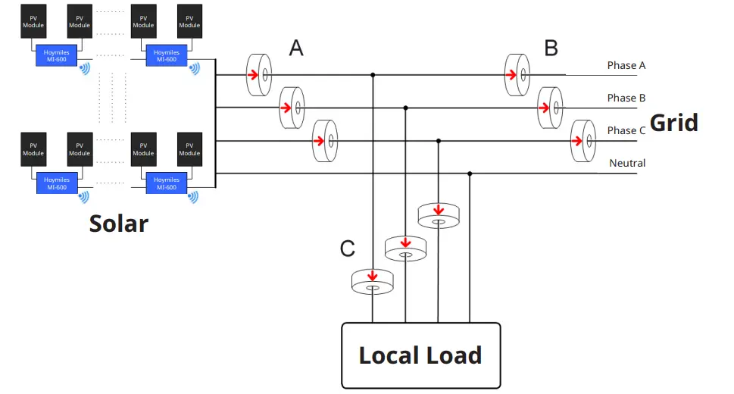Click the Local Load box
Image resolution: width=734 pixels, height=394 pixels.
click(420, 355)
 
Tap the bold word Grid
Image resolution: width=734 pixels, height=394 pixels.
click(674, 122)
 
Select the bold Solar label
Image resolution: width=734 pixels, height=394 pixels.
click(119, 224)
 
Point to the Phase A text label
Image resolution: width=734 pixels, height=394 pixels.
click(626, 65)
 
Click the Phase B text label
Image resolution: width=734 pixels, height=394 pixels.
click(626, 98)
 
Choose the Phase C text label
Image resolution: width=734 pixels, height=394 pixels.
click(626, 130)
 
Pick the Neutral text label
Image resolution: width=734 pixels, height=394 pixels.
click(627, 163)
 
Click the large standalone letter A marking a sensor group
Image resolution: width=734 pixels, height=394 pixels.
click(296, 48)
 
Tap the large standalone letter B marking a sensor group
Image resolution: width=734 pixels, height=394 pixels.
click(551, 48)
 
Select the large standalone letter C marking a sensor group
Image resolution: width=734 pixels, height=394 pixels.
click(348, 248)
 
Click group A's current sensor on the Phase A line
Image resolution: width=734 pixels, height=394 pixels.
click(259, 75)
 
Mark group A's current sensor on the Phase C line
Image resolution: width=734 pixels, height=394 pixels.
click(324, 140)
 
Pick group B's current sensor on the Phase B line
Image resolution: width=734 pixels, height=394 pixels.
click(550, 108)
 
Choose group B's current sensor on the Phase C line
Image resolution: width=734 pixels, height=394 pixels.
click(583, 140)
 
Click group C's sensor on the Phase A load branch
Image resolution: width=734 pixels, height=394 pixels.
click(373, 282)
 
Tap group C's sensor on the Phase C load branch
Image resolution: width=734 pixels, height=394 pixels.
click(438, 216)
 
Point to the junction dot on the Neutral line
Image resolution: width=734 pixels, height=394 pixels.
click(470, 174)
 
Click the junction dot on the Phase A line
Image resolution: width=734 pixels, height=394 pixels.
click(373, 75)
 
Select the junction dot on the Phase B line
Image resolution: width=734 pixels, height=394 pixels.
click(405, 108)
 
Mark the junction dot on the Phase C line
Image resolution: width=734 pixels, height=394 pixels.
click(438, 140)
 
